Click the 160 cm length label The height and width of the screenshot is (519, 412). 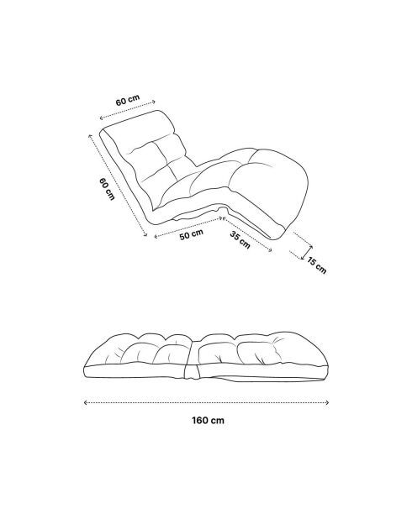(x=208, y=421)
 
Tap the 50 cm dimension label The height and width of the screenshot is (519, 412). (x=191, y=234)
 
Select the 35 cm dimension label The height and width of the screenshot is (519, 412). (x=240, y=239)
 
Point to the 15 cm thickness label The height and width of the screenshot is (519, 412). (x=316, y=265)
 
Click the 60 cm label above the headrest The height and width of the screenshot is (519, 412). (x=128, y=100)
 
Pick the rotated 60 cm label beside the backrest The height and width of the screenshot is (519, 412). (x=107, y=189)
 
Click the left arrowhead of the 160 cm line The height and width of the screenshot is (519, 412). (x=86, y=402)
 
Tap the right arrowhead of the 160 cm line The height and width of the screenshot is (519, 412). (x=327, y=402)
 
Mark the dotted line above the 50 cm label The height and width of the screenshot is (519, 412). (x=188, y=227)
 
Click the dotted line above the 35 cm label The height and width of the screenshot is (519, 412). (x=247, y=234)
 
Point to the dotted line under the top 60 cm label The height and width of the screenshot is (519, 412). (x=128, y=109)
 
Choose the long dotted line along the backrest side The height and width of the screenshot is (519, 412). (x=118, y=186)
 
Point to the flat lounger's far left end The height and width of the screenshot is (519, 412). (x=84, y=370)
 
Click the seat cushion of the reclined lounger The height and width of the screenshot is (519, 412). (x=199, y=186)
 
